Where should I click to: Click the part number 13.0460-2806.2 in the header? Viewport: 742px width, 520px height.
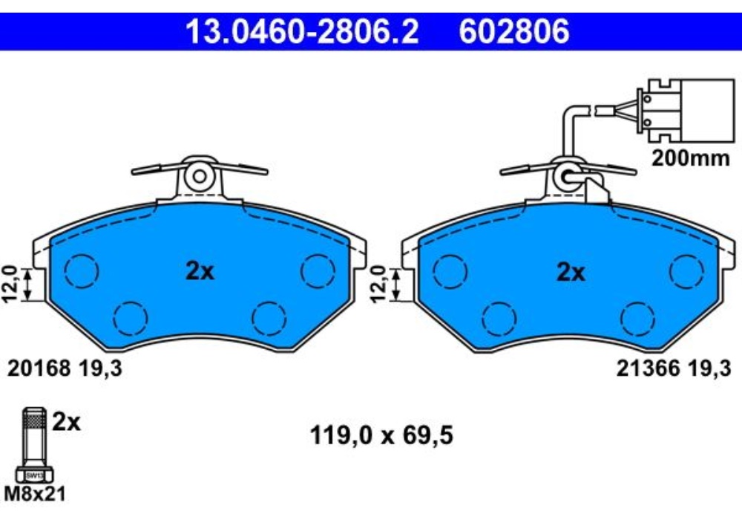click(x=302, y=32)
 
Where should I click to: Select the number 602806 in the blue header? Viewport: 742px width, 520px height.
click(x=514, y=32)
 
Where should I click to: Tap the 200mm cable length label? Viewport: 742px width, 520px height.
click(x=691, y=158)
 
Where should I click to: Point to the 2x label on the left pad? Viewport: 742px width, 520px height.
click(x=199, y=272)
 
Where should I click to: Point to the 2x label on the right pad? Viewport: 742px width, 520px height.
click(x=570, y=273)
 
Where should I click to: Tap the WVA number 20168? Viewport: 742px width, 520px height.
click(x=38, y=367)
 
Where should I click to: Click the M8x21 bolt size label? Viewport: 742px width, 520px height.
click(x=33, y=493)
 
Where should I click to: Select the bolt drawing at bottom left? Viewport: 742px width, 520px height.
click(x=33, y=446)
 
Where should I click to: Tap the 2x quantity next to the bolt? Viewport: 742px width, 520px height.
click(x=66, y=423)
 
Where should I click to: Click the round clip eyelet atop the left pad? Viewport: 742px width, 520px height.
click(x=199, y=176)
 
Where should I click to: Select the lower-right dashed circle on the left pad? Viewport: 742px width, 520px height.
click(x=269, y=318)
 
